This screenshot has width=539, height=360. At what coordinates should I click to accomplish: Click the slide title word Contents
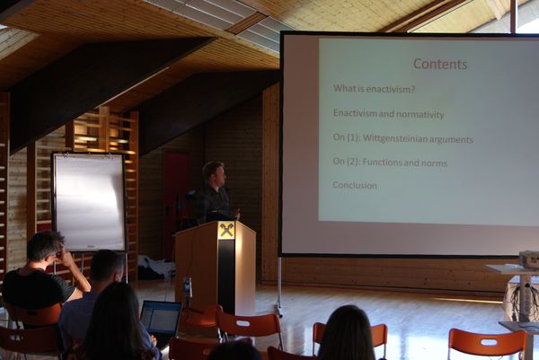coord(440,64)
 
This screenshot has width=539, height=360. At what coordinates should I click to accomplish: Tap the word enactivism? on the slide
coord(391,89)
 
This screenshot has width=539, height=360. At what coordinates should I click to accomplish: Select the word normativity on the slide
coord(420,114)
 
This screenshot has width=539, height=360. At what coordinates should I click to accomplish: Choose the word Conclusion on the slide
coord(355,186)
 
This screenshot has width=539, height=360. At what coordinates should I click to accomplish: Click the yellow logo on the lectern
coord(226,230)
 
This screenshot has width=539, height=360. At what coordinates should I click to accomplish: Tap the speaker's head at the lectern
coord(214,174)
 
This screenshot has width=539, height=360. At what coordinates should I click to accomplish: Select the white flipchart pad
coord(89,202)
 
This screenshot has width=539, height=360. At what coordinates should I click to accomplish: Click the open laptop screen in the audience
coord(161,318)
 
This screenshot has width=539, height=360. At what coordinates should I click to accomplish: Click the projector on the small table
coord(529,259)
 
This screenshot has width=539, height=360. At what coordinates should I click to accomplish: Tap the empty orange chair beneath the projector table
coord(488,344)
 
